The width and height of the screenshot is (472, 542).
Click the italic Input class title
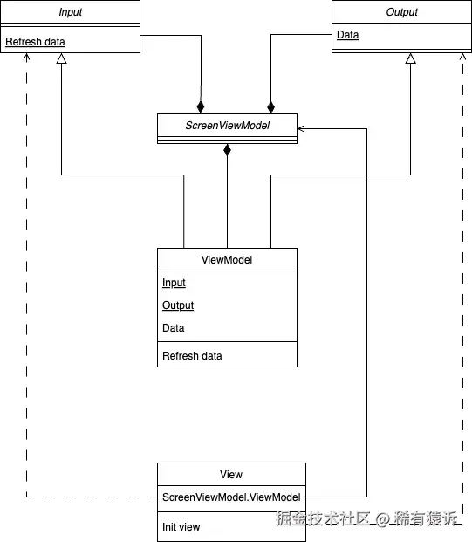[x=70, y=12]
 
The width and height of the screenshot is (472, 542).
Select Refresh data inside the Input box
[x=35, y=42]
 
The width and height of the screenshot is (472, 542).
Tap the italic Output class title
[x=401, y=12]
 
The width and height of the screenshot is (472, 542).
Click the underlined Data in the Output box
[x=347, y=36]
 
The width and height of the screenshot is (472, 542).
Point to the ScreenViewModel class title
[x=227, y=126]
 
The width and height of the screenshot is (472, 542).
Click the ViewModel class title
[x=227, y=259]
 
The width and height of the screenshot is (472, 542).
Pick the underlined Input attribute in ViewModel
[x=174, y=283]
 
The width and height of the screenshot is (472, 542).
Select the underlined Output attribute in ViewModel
[x=178, y=305]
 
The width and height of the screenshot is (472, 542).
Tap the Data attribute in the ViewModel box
[x=173, y=328]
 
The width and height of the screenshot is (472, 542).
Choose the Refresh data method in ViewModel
[x=192, y=355]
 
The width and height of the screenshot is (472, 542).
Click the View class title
[x=231, y=474]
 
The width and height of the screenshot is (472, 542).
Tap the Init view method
[x=181, y=526]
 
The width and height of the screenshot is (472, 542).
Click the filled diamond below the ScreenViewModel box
[x=228, y=150]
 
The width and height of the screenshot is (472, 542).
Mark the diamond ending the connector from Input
[x=202, y=106]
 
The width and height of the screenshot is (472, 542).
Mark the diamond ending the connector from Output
[x=270, y=106]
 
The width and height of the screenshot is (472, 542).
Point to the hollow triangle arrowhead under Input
[x=61, y=59]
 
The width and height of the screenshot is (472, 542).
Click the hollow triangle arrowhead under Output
[x=410, y=59]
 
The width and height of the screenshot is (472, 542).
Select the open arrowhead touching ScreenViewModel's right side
[x=302, y=128]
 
